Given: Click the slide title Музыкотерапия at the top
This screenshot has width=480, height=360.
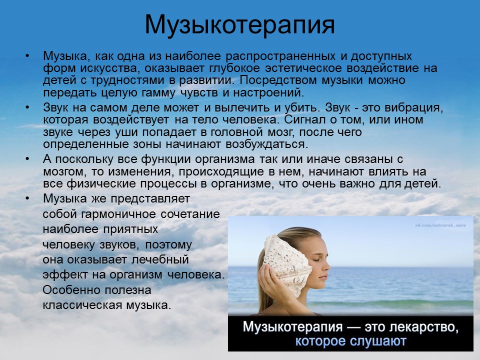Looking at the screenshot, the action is coord(239,25).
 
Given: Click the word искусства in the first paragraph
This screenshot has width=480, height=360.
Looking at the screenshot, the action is coord(109,68).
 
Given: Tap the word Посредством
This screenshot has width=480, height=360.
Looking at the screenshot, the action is coord(278,80).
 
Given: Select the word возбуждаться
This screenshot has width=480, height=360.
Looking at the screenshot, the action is coord(266,144).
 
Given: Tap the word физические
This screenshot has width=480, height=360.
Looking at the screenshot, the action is coord(101,184).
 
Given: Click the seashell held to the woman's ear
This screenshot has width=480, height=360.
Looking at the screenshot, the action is coord(286,263).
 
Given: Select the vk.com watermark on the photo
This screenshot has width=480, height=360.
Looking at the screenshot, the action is coord(440,225).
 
